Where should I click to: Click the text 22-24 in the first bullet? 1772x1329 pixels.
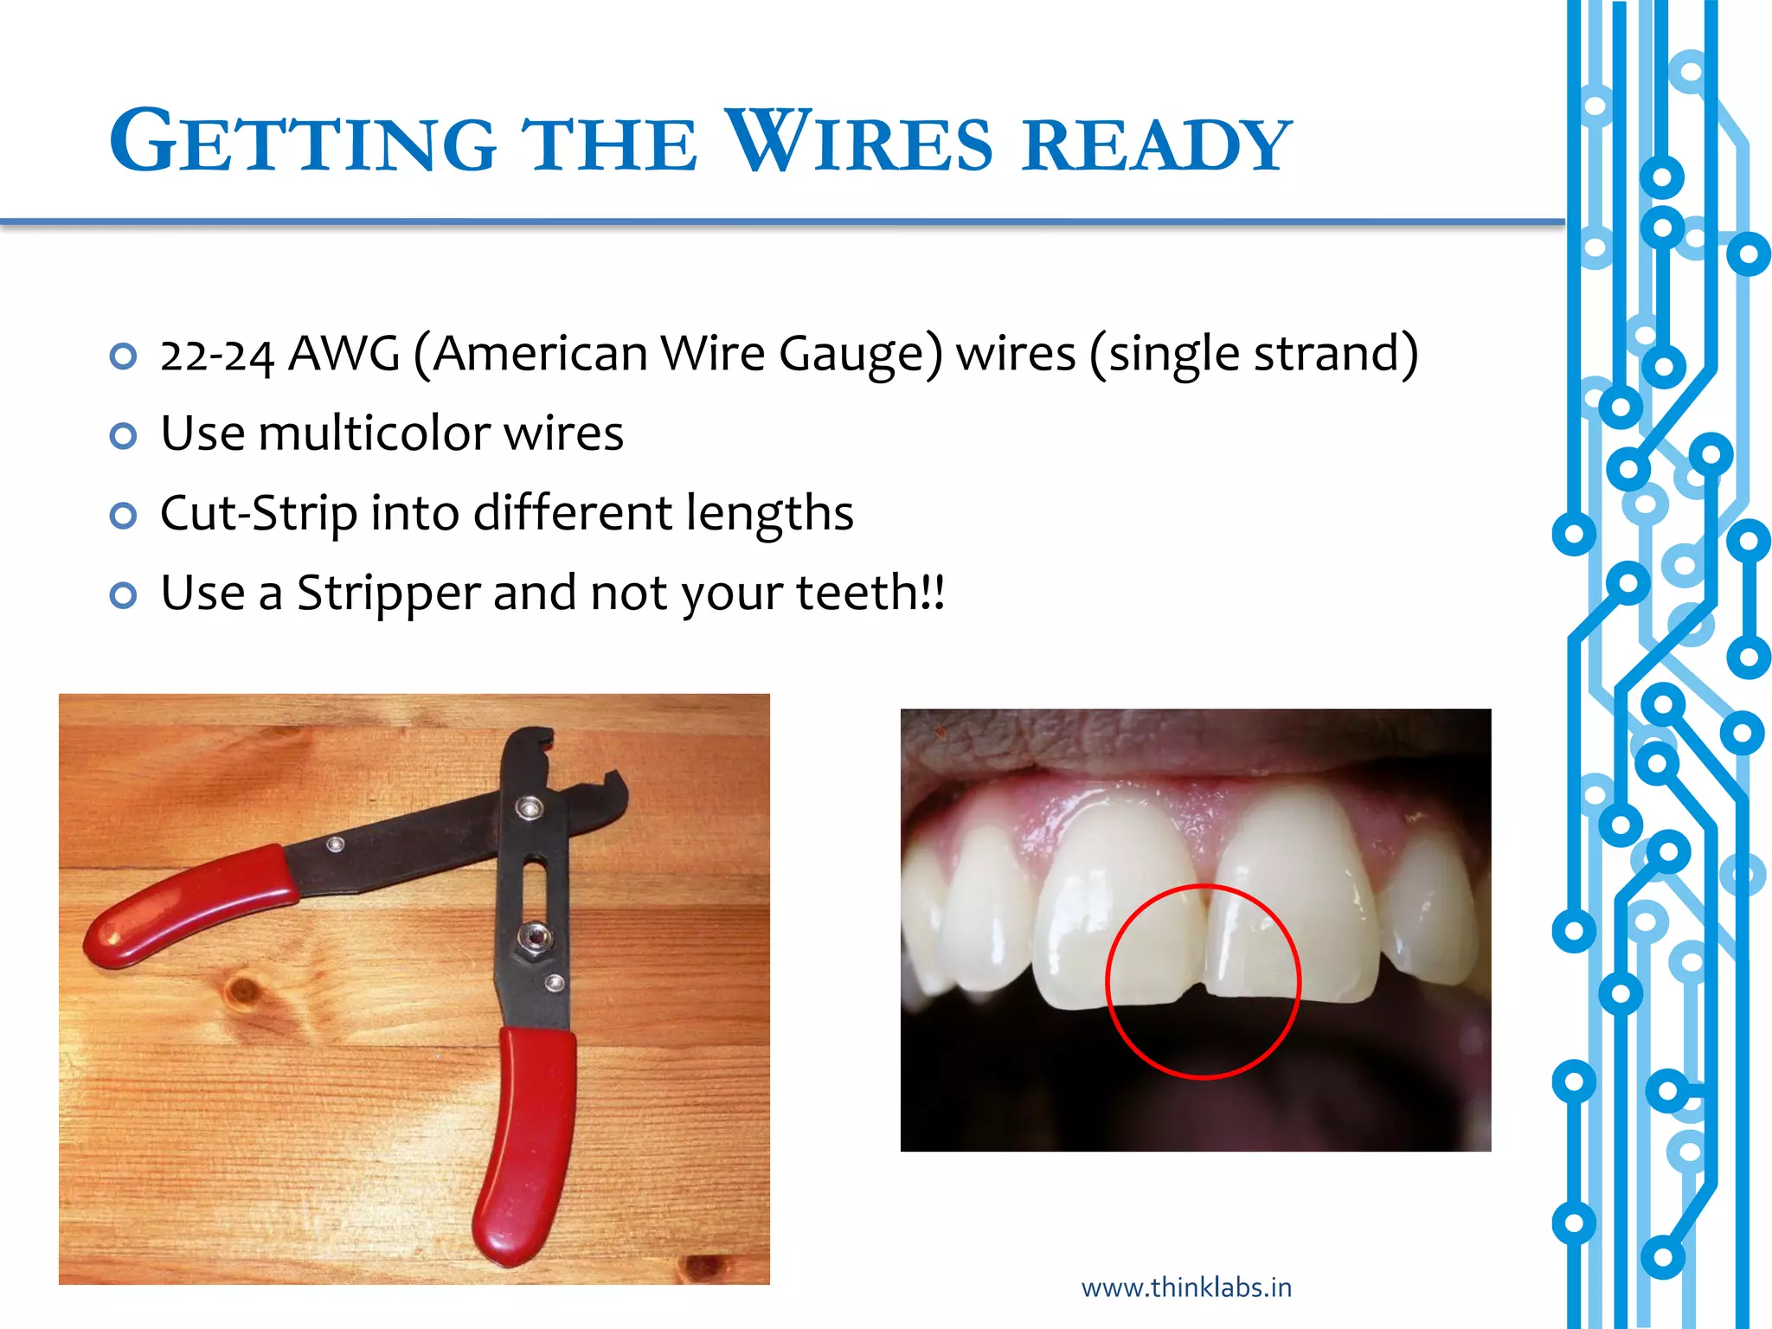(x=216, y=356)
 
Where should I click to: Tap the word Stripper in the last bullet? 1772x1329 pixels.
(x=388, y=594)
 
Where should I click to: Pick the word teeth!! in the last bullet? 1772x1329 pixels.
(x=870, y=594)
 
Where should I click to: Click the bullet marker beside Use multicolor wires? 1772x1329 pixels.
(x=124, y=436)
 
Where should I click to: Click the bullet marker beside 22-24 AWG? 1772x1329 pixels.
(x=124, y=356)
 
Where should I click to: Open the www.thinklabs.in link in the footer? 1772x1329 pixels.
(x=1186, y=1287)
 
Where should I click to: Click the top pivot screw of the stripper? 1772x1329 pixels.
(x=528, y=808)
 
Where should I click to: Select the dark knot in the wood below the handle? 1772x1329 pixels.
(x=244, y=989)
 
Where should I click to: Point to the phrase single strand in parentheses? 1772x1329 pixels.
(x=1255, y=356)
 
